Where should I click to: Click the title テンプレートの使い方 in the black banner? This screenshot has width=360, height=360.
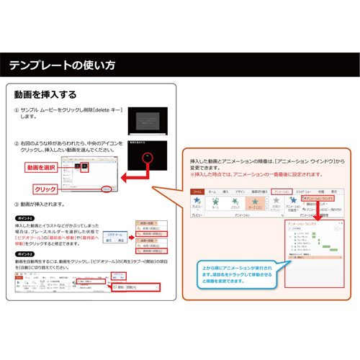[61, 66]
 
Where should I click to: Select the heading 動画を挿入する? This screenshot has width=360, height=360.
[45, 94]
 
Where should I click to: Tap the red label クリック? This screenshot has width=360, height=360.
[45, 189]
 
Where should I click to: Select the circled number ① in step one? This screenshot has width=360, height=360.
[17, 110]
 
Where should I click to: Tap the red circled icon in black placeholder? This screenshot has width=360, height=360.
[148, 155]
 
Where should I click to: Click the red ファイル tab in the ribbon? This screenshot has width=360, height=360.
[197, 191]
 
